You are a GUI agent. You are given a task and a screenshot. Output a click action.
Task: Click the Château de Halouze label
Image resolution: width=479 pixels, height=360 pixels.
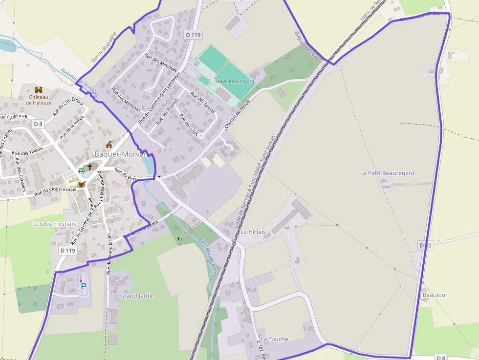click(39, 100)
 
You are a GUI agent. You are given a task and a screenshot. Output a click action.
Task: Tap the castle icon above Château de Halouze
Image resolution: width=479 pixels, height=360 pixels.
click(39, 90)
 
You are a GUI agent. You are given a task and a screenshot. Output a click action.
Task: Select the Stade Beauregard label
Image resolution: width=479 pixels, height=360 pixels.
click(235, 82)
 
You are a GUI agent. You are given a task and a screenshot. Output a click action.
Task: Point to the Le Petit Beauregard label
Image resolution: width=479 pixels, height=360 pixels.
click(387, 173)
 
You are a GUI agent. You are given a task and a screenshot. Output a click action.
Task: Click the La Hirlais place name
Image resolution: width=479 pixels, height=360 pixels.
click(253, 232)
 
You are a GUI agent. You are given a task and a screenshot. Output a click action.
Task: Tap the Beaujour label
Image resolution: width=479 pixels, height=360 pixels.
click(435, 295)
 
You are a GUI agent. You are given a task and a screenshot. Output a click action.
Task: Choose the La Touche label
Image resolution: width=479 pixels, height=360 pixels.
click(274, 339)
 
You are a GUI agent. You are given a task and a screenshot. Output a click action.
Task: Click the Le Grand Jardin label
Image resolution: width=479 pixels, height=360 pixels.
click(133, 296)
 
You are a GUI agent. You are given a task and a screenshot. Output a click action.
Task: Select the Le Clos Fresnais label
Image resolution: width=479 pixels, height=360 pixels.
click(54, 224)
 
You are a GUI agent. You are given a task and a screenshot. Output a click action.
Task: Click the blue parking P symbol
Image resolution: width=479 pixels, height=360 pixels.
click(83, 286)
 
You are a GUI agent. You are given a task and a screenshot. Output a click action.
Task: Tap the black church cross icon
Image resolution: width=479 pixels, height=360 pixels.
click(90, 167)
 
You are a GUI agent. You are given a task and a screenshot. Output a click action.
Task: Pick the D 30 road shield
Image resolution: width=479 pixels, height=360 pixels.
click(425, 245)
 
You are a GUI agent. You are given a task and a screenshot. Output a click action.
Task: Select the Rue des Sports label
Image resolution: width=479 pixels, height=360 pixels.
click(202, 103)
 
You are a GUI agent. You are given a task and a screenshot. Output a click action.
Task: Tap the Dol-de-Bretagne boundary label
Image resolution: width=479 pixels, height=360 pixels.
click(104, 47)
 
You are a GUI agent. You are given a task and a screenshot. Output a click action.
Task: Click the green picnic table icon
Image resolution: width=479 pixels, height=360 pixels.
click(81, 171)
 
